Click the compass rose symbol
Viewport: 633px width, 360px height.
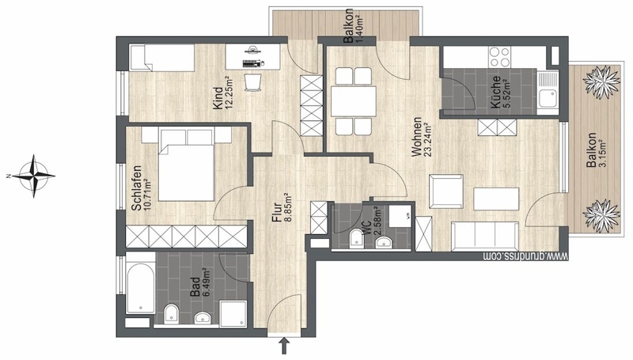(x=34, y=176)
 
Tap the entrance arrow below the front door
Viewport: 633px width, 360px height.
(x=285, y=346)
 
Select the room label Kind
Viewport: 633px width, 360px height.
(x=218, y=98)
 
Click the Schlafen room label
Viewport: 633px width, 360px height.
(x=136, y=188)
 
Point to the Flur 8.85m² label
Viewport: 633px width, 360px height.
(x=282, y=207)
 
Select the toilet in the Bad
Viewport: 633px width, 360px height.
(x=171, y=313)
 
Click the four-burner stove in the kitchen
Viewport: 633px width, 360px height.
(x=499, y=57)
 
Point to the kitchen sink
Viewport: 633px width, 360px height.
(x=548, y=91)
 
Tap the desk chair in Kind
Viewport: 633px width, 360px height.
(x=253, y=81)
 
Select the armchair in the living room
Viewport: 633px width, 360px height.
(x=445, y=191)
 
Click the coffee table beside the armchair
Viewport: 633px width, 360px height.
(x=496, y=199)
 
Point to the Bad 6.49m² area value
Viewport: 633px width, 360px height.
(x=207, y=282)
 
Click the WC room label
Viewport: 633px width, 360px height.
(x=366, y=228)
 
